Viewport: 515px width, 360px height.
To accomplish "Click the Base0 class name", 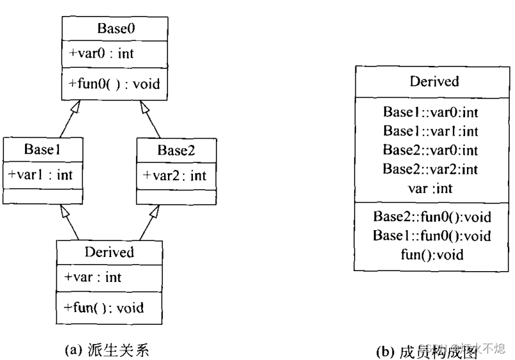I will [x=115, y=27].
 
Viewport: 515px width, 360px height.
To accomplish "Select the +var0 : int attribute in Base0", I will [x=98, y=53].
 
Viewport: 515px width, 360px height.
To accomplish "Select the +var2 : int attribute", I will [x=174, y=175].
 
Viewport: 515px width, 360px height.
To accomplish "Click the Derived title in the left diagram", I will [x=109, y=252].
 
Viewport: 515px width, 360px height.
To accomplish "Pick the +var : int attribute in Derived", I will [x=93, y=278].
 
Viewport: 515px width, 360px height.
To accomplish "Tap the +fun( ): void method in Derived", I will [x=104, y=308].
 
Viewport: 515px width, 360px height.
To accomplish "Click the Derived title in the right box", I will [x=434, y=81].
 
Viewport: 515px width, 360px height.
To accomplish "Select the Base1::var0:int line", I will [x=431, y=113].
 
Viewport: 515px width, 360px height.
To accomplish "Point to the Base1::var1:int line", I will [x=431, y=131].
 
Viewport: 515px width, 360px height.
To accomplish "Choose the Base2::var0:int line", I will [x=431, y=150].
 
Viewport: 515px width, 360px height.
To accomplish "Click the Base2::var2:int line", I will [x=431, y=169].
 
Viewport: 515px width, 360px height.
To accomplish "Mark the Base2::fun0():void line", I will [x=432, y=217].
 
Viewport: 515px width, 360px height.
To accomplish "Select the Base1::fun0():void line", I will [x=432, y=236].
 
